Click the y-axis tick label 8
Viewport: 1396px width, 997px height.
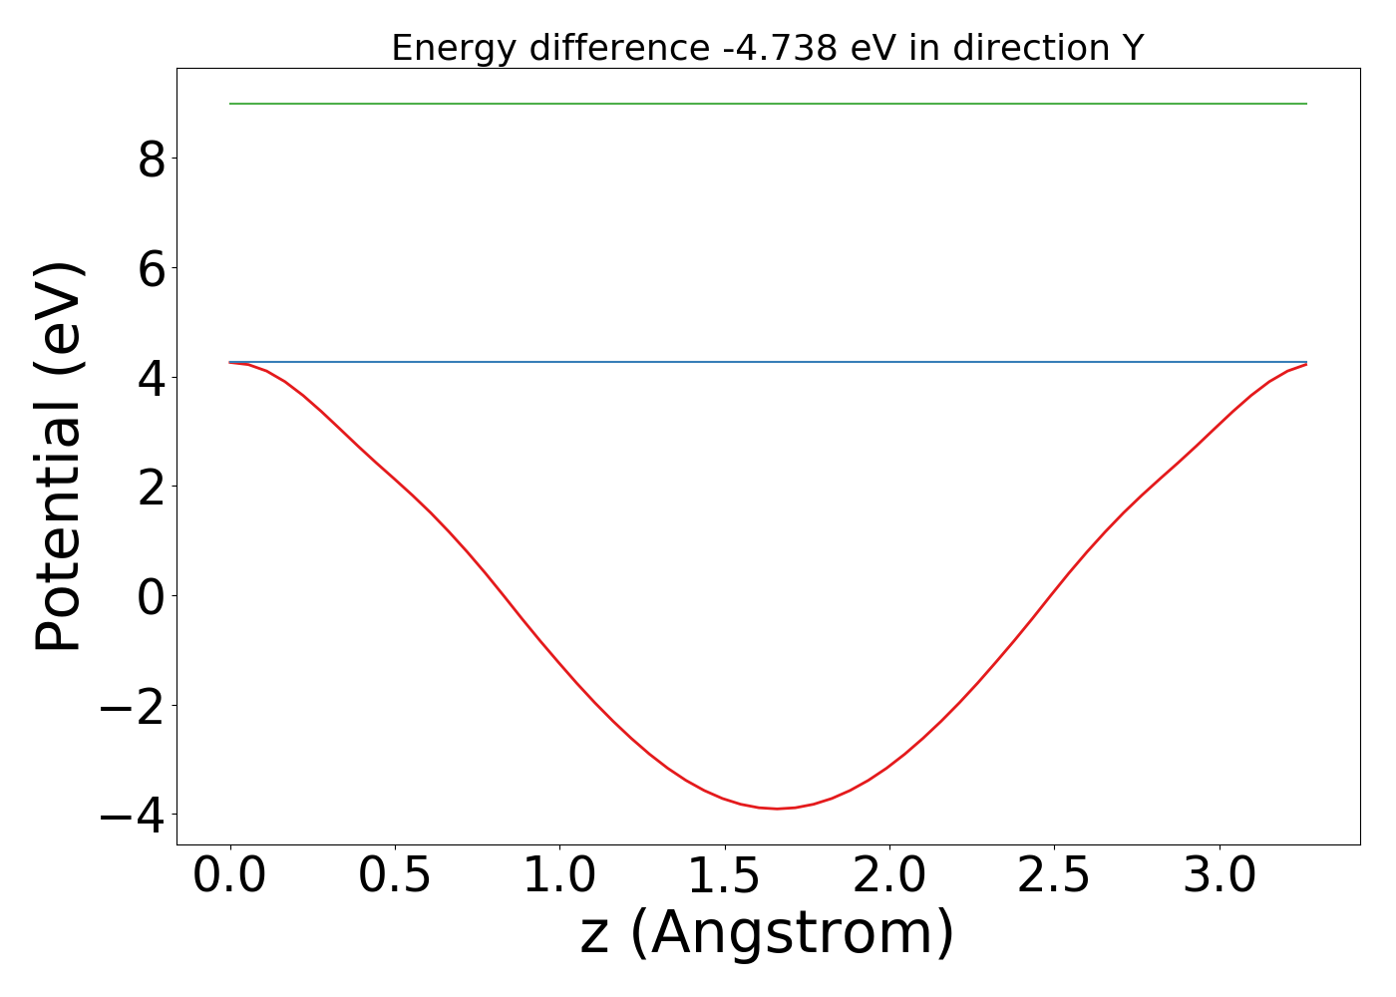coord(152,159)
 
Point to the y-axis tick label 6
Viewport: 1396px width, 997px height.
coord(152,268)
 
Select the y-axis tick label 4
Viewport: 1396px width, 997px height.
coord(152,378)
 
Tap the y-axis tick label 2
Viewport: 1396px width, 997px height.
coord(152,487)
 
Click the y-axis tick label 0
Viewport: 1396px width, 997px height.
coord(152,596)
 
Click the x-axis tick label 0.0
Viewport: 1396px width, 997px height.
coord(230,875)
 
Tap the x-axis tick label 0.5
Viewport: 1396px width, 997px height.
coord(395,875)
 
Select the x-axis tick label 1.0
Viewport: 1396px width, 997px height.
coord(559,875)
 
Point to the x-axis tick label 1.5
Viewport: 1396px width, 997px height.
coord(724,875)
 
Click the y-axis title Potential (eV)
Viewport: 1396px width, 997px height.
coord(60,457)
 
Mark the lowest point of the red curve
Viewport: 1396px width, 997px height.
coord(777,809)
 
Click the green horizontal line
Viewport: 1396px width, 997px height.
coord(768,104)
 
